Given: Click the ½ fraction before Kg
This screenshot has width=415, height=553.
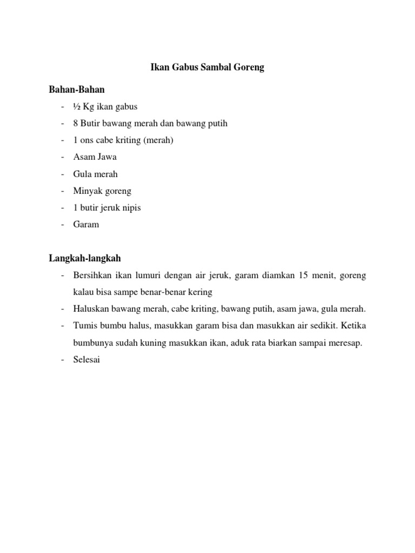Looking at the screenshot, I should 77,106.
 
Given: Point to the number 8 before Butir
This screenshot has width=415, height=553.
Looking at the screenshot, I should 76,123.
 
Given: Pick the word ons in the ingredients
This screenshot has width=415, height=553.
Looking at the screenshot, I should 89,140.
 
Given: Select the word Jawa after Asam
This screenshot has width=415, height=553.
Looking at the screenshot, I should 106,157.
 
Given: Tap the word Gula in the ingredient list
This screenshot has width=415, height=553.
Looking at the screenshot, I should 82,174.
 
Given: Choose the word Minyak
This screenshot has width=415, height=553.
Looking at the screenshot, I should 86,191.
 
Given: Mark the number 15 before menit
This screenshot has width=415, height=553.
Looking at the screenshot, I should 304,275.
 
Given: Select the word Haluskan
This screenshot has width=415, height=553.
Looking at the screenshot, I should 91,309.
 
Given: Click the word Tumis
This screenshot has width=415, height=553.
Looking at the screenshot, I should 84,326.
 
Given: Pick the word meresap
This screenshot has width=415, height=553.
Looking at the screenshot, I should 345,343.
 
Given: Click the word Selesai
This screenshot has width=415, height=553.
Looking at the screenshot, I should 87,360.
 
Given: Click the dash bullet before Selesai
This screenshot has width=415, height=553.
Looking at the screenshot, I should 63,360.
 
